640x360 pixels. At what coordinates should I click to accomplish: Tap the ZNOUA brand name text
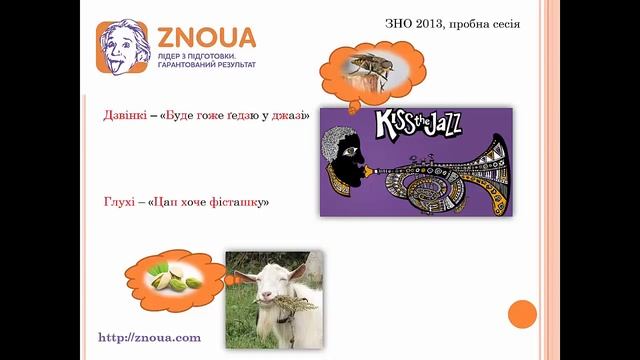[206, 38]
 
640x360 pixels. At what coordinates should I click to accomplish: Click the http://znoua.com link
[149, 337]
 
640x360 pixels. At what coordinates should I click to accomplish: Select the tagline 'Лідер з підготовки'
[196, 56]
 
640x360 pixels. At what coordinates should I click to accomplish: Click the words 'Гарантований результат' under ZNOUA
[206, 65]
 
